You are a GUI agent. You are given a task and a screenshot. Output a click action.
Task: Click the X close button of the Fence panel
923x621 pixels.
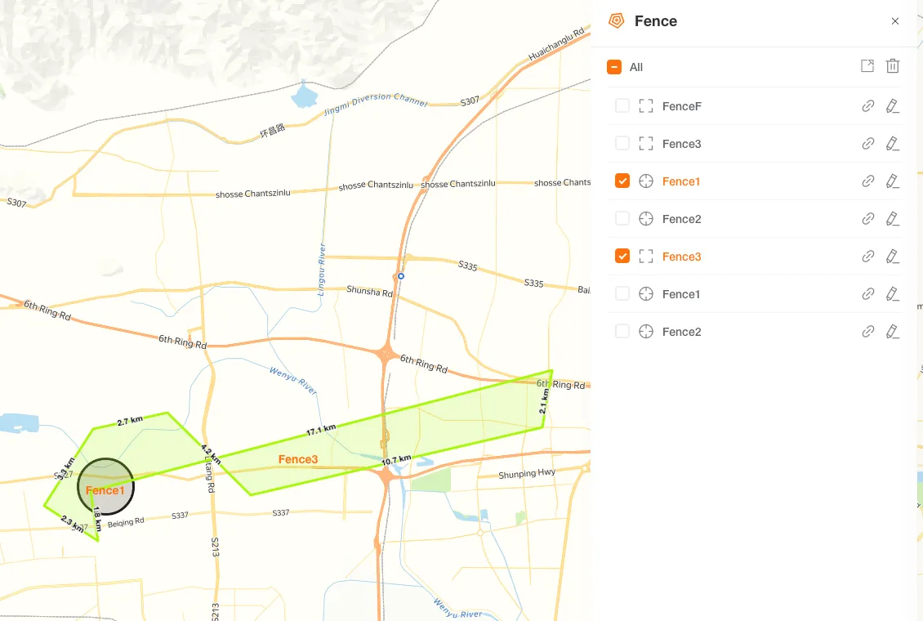tap(895, 21)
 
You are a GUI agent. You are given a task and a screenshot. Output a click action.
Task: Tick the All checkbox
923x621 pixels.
tap(614, 67)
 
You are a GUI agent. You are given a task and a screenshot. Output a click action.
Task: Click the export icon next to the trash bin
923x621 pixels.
tap(867, 66)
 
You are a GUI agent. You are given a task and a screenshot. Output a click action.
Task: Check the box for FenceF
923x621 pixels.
tap(622, 106)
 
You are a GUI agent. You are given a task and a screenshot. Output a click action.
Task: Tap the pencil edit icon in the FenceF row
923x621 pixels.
tap(892, 106)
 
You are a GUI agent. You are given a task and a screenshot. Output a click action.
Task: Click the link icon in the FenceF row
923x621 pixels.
tap(868, 106)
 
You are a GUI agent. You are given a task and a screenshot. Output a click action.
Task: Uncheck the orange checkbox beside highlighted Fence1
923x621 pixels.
tap(622, 181)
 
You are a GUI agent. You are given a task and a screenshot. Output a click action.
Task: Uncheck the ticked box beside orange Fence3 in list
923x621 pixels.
tap(622, 257)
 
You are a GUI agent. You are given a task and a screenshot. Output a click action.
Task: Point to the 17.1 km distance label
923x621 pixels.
tap(321, 430)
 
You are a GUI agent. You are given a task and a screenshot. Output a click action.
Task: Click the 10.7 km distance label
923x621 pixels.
tap(396, 461)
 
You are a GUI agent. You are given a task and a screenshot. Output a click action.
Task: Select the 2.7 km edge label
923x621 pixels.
tap(130, 421)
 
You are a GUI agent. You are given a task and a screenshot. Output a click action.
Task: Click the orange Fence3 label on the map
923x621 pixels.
tap(298, 459)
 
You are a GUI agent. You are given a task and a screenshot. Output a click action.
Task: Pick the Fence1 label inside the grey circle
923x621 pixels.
tap(105, 490)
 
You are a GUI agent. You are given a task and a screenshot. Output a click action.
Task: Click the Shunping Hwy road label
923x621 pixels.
tap(527, 474)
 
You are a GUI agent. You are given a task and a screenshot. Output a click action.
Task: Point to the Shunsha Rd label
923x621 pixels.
tap(370, 290)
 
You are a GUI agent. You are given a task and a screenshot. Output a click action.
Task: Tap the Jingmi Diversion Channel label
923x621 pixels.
tap(387, 101)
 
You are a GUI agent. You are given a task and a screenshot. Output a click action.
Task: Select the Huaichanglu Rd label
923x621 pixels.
tap(559, 45)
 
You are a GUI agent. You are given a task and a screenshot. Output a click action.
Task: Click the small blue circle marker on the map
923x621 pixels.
tap(401, 276)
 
